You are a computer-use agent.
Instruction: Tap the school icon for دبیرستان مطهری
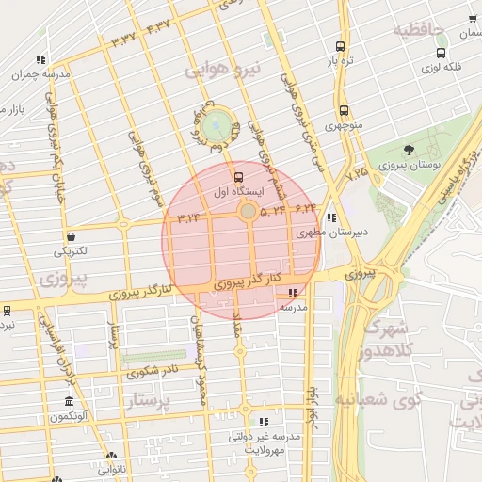click(x=331, y=217)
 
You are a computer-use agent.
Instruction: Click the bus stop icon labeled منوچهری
click(x=343, y=110)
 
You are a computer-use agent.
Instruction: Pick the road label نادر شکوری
click(x=155, y=370)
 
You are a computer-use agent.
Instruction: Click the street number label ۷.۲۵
click(x=357, y=174)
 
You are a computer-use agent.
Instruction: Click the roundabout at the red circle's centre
click(x=248, y=213)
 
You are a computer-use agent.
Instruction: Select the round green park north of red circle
click(x=217, y=122)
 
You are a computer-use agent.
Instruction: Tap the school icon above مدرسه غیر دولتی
click(x=264, y=422)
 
